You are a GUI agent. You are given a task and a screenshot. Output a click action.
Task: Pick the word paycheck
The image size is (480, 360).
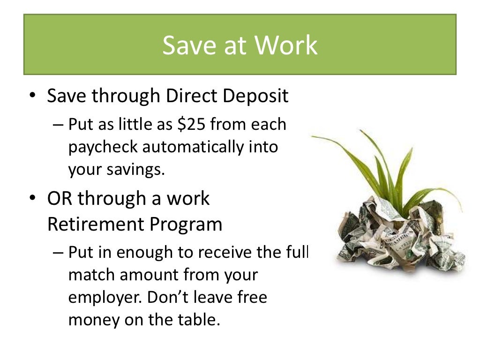pyautogui.click(x=103, y=147)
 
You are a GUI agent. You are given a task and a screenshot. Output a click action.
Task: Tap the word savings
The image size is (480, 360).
pyautogui.click(x=138, y=169)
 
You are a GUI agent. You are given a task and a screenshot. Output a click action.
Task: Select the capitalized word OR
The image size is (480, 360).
pyautogui.click(x=60, y=199)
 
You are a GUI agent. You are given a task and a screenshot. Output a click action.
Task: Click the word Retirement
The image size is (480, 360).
pyautogui.click(x=96, y=225)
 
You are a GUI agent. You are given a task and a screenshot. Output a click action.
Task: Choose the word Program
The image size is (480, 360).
pyautogui.click(x=186, y=225)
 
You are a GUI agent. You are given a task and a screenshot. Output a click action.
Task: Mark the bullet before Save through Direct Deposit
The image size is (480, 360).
pyautogui.click(x=32, y=97)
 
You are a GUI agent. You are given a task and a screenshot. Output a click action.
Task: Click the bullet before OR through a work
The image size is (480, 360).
pyautogui.click(x=32, y=199)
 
